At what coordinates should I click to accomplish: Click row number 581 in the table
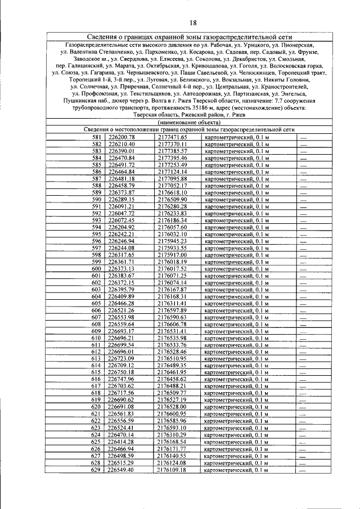tap(97, 137)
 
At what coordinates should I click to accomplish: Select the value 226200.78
tap(121, 137)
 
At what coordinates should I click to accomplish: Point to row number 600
tap(97, 269)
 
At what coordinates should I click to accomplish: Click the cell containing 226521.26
tap(121, 310)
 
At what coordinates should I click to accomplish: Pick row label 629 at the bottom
tap(97, 470)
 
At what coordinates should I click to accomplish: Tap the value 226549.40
tap(121, 470)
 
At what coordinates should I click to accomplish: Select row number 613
tap(97, 359)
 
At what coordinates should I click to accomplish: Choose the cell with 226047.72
tap(121, 214)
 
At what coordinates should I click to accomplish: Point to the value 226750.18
tap(121, 372)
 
